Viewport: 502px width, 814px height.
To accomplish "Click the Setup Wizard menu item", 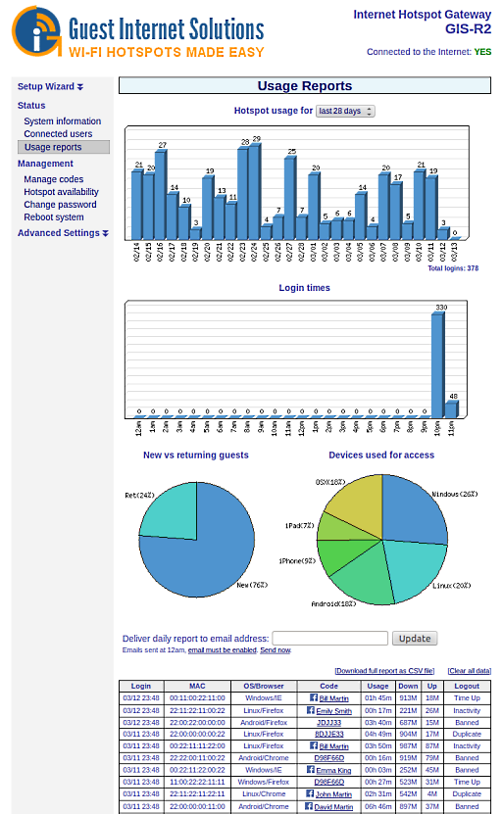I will (50, 86).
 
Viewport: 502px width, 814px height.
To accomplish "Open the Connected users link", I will (58, 134).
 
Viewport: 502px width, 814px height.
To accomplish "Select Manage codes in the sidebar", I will (53, 179).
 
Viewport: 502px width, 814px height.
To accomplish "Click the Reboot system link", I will (53, 217).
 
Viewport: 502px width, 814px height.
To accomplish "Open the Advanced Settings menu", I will (63, 233).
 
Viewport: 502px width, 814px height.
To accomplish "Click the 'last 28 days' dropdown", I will (345, 112).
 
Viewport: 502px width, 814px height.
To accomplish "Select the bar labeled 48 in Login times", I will (451, 408).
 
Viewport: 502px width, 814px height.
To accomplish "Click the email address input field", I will (329, 638).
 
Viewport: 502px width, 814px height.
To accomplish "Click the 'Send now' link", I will (275, 650).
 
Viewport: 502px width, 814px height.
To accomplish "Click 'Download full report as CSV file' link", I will (384, 671).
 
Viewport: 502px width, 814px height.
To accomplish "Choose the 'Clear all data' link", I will (469, 671).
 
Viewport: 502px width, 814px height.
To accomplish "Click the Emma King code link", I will (333, 771).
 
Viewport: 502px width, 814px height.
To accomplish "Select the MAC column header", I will (197, 687).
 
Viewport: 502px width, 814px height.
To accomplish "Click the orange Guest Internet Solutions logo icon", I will (35, 30).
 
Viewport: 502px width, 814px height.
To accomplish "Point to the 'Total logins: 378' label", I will (453, 268).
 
